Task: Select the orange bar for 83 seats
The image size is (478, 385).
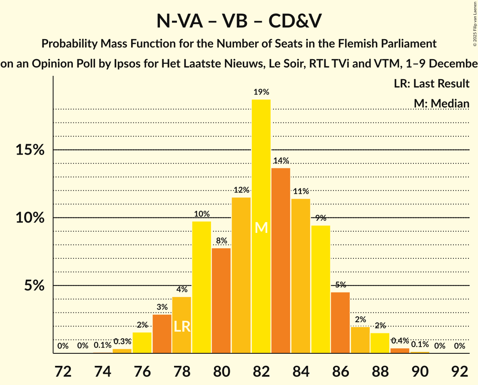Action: point(281,260)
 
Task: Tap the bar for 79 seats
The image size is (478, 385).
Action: point(202,287)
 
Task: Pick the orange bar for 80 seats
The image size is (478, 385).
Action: point(222,300)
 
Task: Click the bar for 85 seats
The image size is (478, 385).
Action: point(321,289)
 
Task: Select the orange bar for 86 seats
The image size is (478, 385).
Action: point(341,322)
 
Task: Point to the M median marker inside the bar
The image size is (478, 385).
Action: point(261,227)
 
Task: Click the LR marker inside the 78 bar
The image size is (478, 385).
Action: point(182,326)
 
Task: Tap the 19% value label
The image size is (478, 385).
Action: point(261,92)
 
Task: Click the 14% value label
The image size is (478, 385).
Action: point(281,161)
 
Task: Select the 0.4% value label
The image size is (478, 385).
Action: point(400,341)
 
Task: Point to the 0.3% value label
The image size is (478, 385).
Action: point(122,341)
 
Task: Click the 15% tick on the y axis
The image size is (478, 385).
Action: point(30,150)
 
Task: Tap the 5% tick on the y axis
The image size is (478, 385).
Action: point(33,286)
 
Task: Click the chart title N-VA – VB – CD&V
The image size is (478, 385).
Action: point(239,21)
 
